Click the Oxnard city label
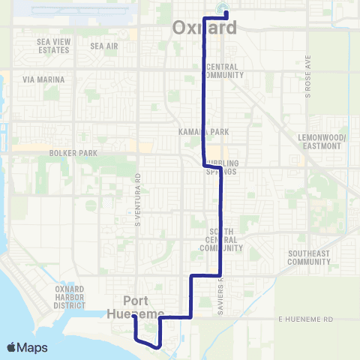[x=205, y=28]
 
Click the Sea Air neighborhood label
[x=104, y=46]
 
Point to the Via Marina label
[x=43, y=79]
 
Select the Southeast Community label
[x=309, y=257]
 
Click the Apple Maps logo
[x=27, y=347]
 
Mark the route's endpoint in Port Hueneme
[x=134, y=316]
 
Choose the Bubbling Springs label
[x=221, y=167]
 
